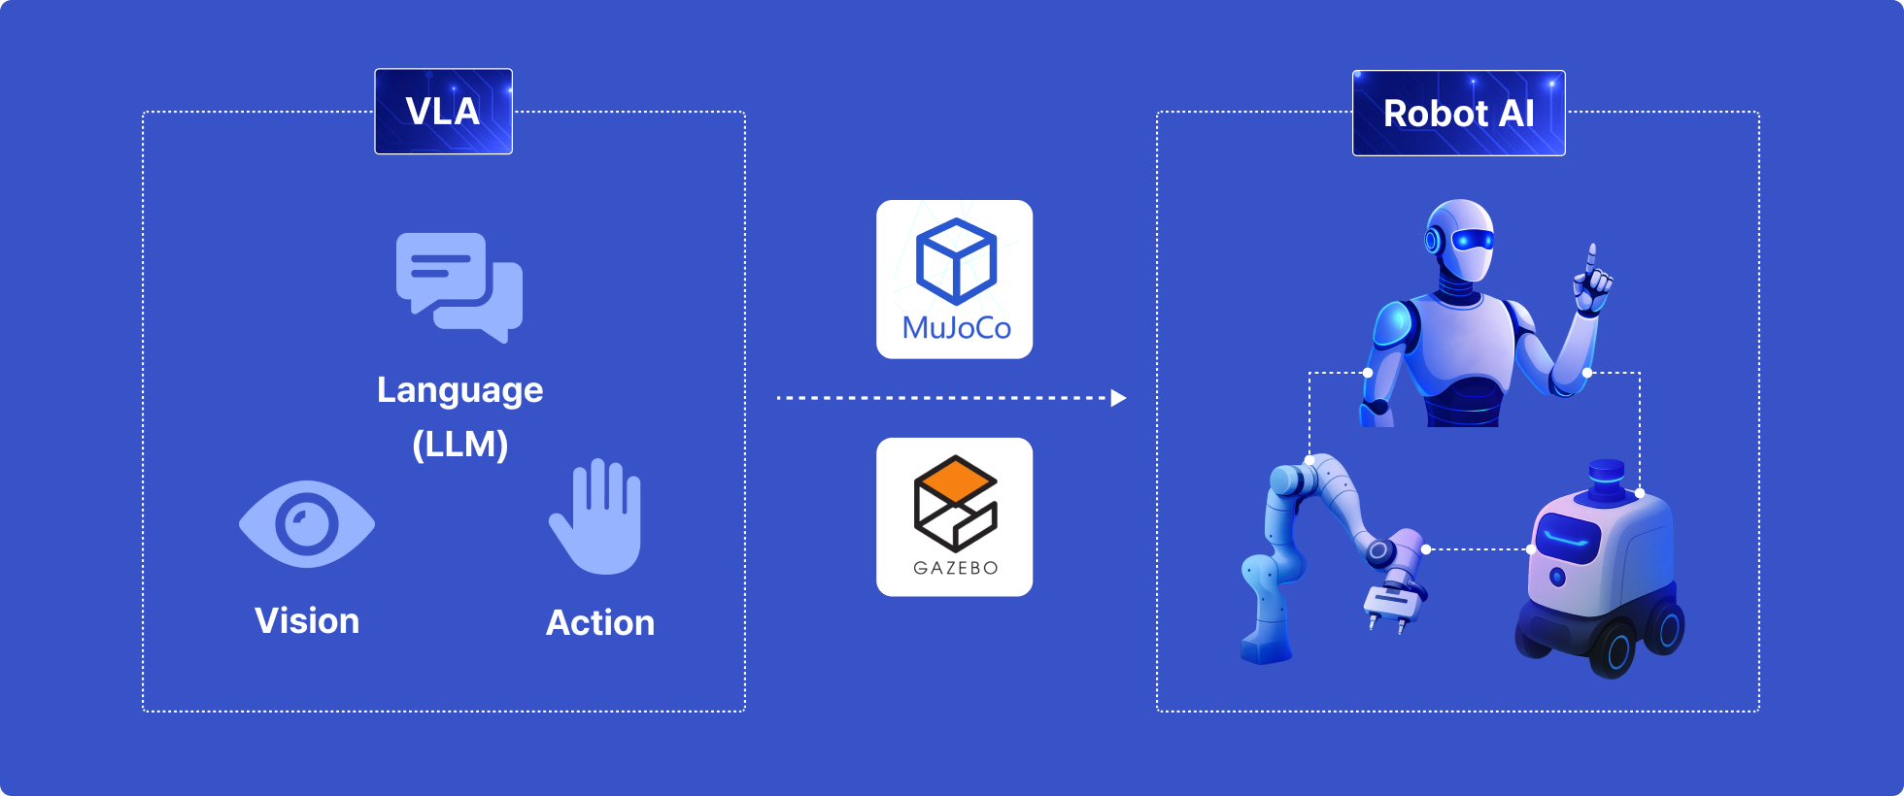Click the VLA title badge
pos(443,111)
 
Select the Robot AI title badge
pos(1458,113)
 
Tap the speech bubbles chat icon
pos(459,287)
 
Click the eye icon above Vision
pos(307,524)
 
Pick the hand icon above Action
pos(596,516)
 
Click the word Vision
pos(307,621)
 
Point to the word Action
pos(600,623)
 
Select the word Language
pos(459,390)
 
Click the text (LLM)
pos(459,445)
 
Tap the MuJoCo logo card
pos(954,280)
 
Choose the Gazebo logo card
pos(954,516)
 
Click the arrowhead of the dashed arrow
pos(1118,398)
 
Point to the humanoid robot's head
pos(1460,241)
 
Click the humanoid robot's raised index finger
pos(1591,258)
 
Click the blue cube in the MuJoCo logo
pos(957,260)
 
